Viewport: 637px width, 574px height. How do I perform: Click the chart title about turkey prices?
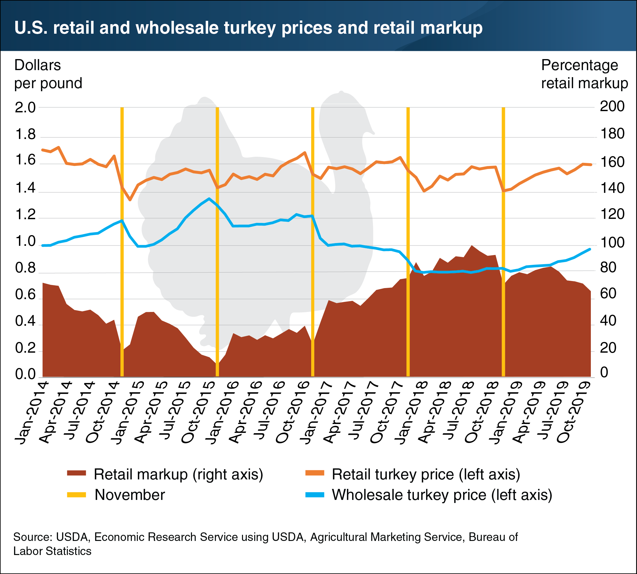point(248,28)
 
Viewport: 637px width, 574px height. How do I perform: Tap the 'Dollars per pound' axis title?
point(48,74)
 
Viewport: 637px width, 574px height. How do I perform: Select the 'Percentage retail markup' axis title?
point(584,74)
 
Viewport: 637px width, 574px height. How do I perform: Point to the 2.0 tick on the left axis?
point(25,107)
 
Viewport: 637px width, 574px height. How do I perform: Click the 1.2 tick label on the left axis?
point(25,215)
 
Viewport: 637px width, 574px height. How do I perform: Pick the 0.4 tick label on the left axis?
point(25,321)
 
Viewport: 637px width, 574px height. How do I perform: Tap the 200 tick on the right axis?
point(612,107)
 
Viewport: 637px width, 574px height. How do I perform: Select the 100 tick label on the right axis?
point(612,242)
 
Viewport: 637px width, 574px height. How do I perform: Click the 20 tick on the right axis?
point(608,348)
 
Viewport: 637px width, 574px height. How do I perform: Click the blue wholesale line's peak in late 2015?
point(209,198)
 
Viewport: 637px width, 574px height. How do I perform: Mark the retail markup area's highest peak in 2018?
point(471,246)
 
